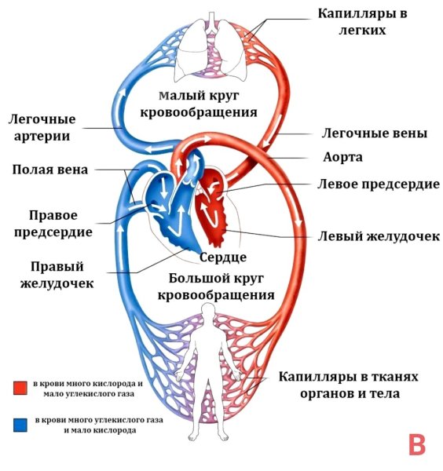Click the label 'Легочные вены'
375,133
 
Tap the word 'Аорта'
343,157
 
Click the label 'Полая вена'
50,170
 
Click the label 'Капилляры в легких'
364,21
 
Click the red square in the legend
20,387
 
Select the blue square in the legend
20,425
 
